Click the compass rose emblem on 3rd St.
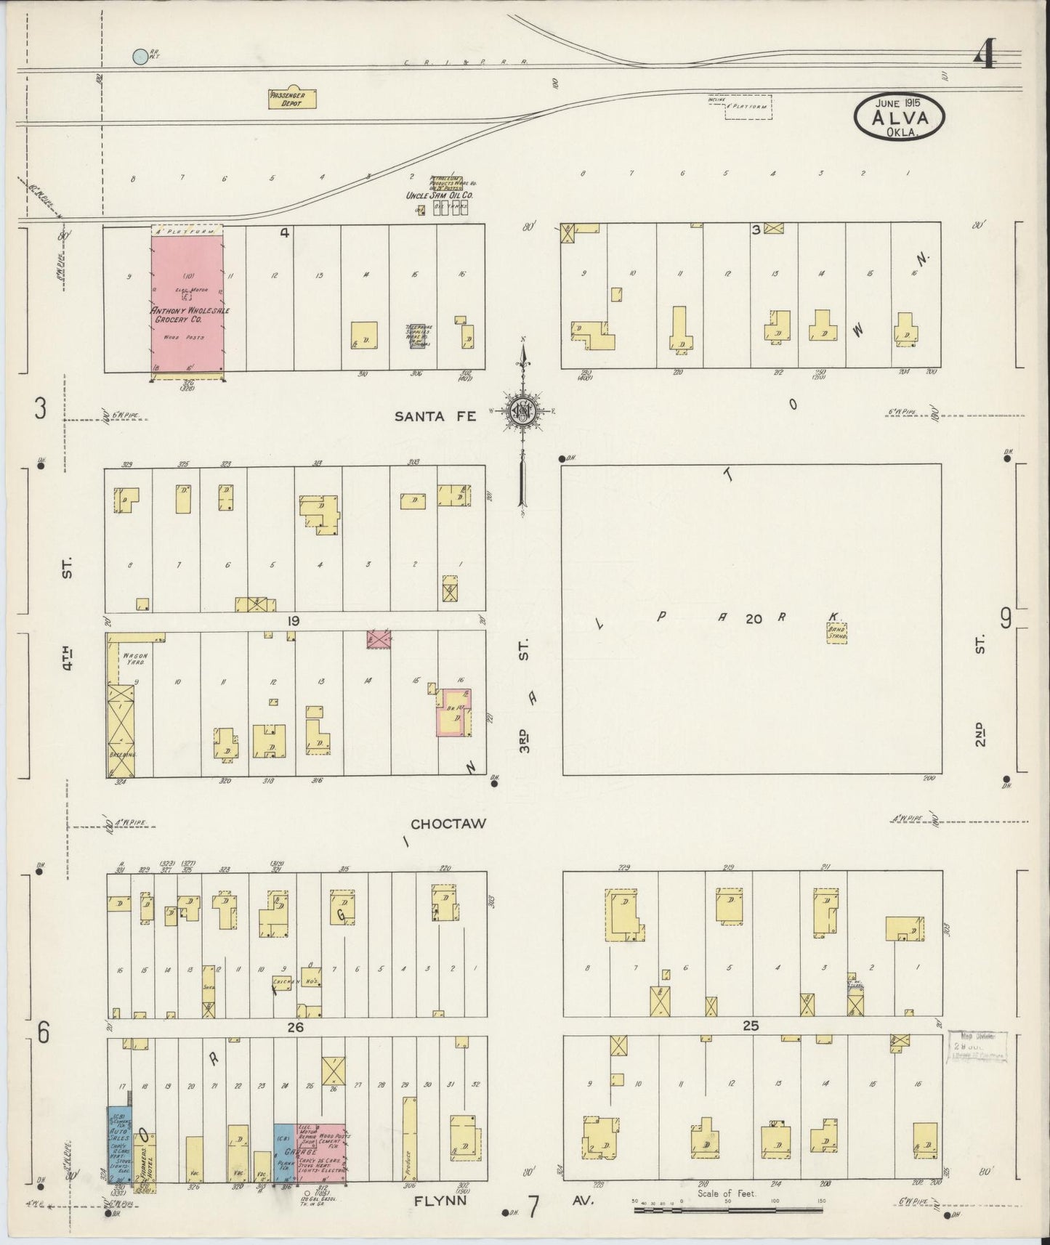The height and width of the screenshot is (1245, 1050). click(523, 411)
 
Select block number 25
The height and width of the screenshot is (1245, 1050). click(751, 1026)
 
